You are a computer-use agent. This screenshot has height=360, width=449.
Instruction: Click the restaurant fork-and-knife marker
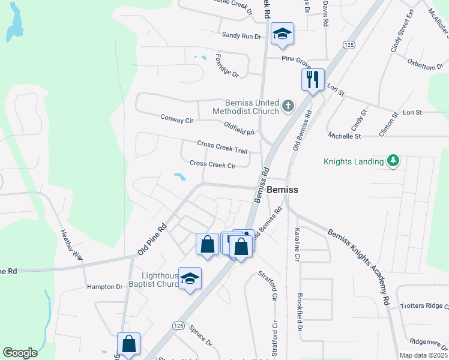312,80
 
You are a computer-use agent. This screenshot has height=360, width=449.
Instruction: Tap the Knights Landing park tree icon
393,160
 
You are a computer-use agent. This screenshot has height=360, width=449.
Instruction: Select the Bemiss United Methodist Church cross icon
288,107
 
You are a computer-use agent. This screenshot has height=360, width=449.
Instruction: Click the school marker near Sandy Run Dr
281,34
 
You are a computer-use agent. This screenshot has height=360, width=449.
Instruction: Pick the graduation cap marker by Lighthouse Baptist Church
190,279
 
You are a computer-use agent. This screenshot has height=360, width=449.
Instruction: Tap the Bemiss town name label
282,189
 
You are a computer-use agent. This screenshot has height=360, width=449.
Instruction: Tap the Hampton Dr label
104,287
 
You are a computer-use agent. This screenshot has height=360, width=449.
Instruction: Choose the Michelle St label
345,136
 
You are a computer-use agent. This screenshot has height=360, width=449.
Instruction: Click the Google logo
20,353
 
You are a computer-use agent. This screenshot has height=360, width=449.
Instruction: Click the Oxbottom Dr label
424,64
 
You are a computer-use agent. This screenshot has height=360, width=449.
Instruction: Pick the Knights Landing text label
354,161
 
